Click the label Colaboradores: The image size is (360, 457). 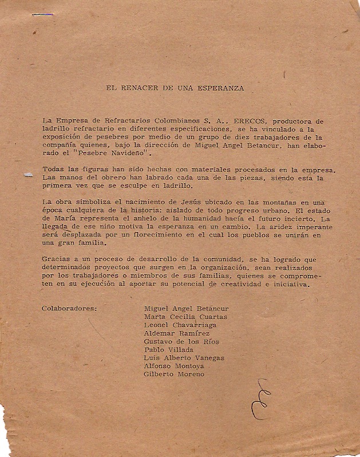[69, 308]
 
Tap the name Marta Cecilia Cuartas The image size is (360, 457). [185, 317]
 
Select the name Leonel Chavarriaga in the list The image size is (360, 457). [180, 325]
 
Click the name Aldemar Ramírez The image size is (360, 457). [177, 333]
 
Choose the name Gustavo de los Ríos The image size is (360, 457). [181, 341]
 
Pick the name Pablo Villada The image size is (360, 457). [169, 349]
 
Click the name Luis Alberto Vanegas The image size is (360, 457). [184, 358]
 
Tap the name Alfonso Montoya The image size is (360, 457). [174, 366]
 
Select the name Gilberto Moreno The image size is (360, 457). [174, 374]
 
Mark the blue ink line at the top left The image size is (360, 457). [42, 14]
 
